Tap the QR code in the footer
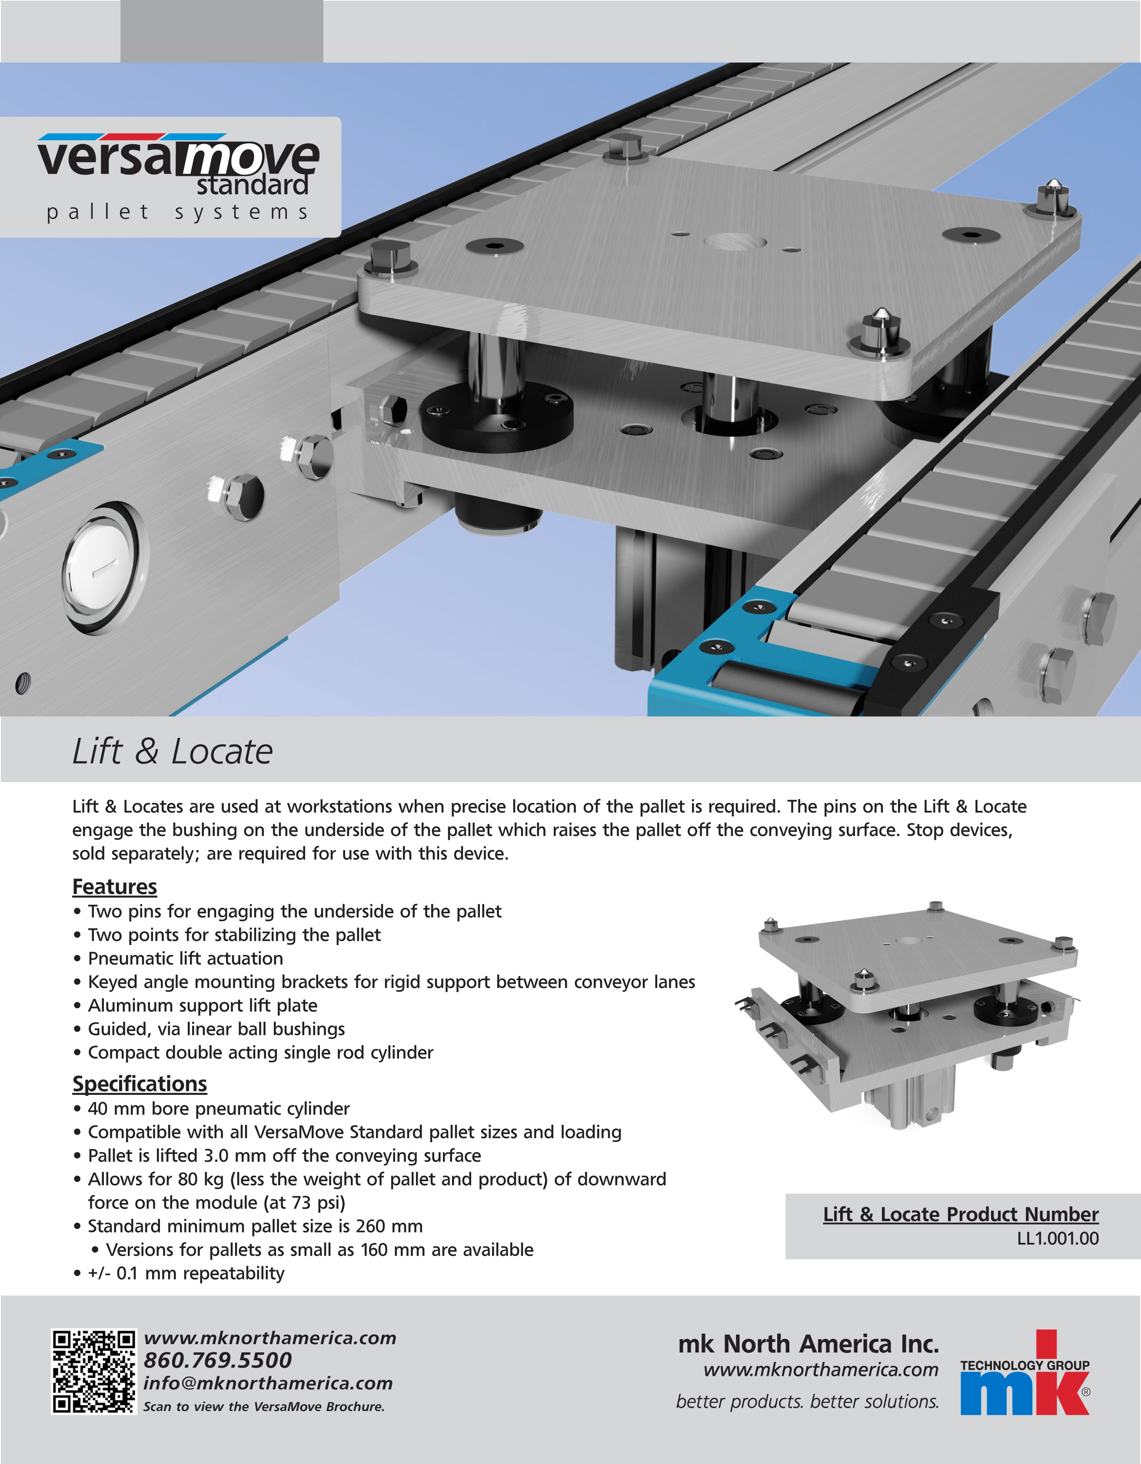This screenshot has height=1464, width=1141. (94, 1371)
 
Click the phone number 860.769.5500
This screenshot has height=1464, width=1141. (217, 1360)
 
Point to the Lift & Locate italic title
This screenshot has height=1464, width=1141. (173, 751)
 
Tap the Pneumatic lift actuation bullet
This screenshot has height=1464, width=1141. (185, 958)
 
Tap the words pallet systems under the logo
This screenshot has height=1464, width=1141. (177, 212)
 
